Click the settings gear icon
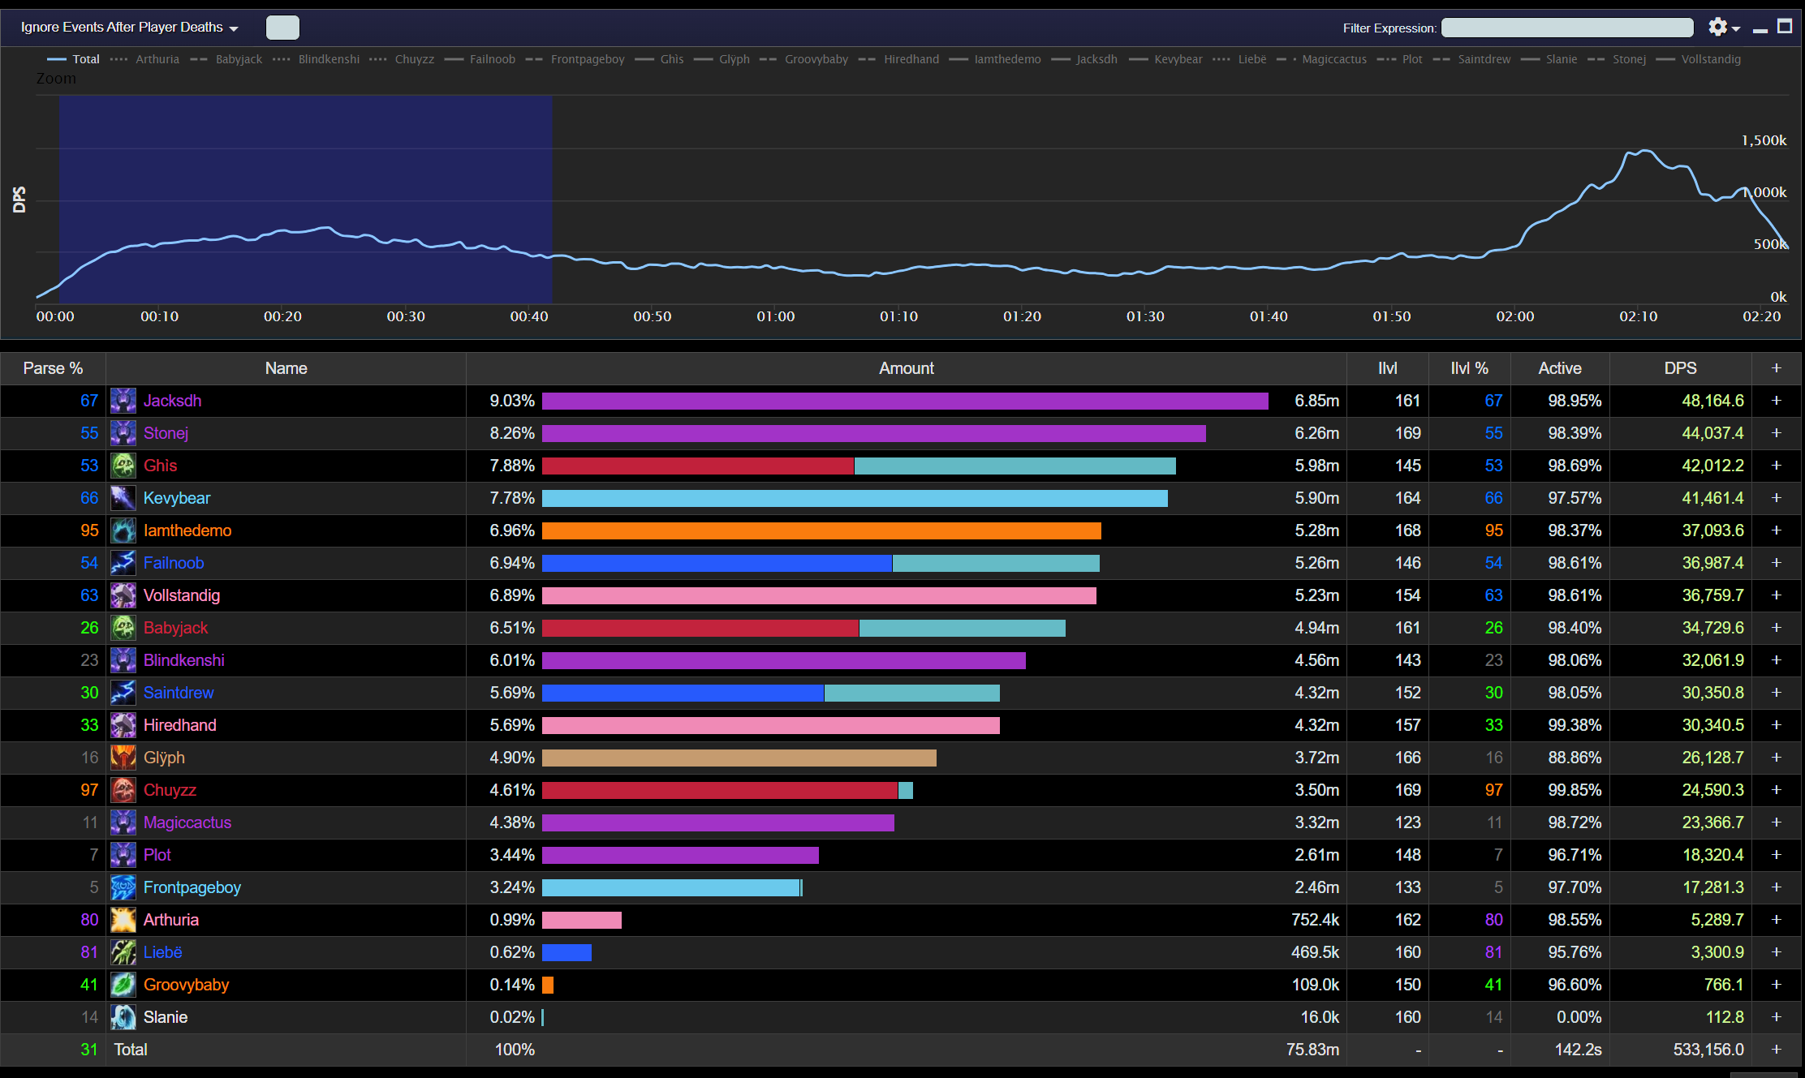[x=1717, y=28]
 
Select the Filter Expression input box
[x=1566, y=28]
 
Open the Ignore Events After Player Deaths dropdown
[x=130, y=28]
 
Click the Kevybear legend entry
[x=1178, y=59]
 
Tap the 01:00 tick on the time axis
[x=775, y=316]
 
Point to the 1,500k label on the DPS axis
[x=1763, y=140]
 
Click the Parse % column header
[x=53, y=368]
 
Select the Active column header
[x=1559, y=368]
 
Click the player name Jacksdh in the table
[x=172, y=401]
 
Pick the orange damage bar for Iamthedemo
[x=821, y=530]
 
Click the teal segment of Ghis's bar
[x=1015, y=466]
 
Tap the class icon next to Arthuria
[x=123, y=920]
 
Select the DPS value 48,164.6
[x=1712, y=401]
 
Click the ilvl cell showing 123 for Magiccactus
[x=1407, y=822]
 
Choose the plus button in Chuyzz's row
[x=1776, y=790]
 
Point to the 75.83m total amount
[x=1312, y=1050]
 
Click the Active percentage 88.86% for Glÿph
[x=1574, y=758]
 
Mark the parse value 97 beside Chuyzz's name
[x=89, y=790]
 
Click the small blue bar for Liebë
[x=566, y=952]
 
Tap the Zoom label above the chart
[x=56, y=79]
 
